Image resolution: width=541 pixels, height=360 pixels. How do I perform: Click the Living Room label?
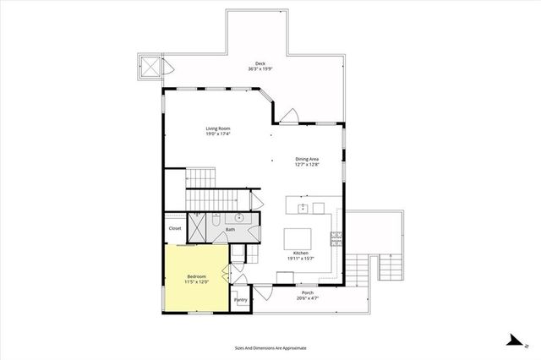click(x=218, y=128)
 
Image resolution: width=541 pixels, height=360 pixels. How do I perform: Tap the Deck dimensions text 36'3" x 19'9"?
click(x=263, y=69)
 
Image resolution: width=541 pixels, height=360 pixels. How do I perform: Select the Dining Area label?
click(x=307, y=158)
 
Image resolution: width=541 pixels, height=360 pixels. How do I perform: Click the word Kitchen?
click(x=300, y=254)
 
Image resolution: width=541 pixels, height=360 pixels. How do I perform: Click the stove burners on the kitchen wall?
click(x=336, y=237)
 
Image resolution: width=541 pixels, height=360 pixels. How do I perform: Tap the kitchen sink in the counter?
click(x=318, y=207)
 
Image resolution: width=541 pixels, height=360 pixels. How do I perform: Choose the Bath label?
click(x=230, y=229)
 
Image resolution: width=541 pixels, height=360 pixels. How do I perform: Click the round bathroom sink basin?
click(x=239, y=218)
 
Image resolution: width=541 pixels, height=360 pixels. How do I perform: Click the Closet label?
click(x=175, y=228)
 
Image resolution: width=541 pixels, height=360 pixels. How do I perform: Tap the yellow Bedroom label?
click(x=196, y=278)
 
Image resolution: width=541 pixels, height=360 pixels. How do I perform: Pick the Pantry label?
click(x=241, y=299)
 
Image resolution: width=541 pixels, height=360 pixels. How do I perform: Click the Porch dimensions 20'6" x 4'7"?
click(x=305, y=298)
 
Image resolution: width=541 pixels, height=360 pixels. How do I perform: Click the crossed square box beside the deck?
click(x=149, y=68)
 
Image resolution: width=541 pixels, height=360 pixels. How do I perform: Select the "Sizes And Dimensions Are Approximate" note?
click(x=270, y=347)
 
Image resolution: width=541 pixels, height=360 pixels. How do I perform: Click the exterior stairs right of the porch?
click(x=389, y=269)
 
